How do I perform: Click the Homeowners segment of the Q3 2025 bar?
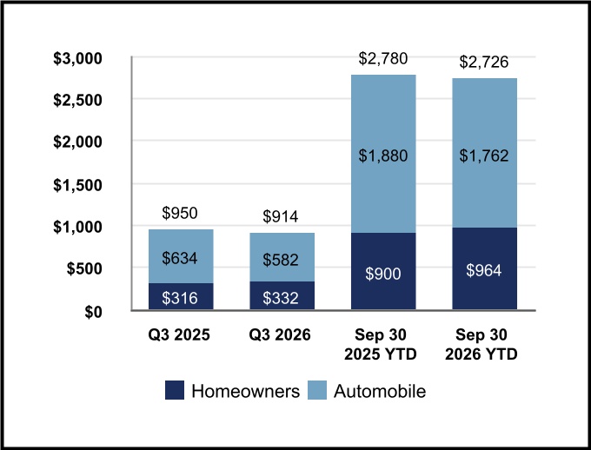181,296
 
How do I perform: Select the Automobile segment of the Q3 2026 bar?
282,257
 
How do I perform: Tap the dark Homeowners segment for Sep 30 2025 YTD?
383,271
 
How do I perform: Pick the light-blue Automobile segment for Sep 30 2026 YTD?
485,153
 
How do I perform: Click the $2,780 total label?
383,58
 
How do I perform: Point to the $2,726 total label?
484,62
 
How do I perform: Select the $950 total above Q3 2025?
180,213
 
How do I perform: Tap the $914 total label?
281,216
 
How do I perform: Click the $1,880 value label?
383,156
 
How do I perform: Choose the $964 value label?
484,270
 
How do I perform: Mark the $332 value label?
281,298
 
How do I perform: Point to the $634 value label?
180,258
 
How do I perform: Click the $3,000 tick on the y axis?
77,59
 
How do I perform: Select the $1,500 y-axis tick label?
77,185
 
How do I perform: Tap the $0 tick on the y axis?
94,313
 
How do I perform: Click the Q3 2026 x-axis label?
280,334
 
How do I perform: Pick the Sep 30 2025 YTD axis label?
381,344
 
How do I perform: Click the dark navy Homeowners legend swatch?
175,390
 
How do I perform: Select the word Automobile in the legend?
380,391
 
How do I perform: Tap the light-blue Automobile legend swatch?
317,390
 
